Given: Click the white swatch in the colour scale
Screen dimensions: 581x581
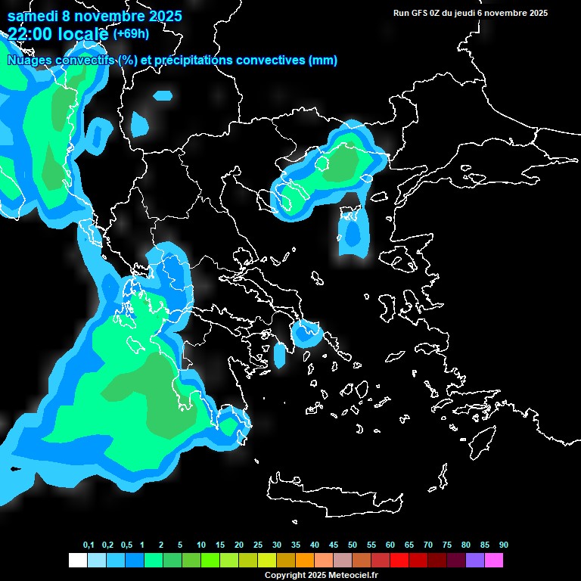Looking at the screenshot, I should pos(77,561).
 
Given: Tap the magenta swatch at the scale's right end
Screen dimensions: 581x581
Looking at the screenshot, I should pos(494,561).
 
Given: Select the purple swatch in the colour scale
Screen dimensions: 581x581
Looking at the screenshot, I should pos(475,561).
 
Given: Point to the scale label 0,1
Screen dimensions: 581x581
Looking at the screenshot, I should pos(89,545).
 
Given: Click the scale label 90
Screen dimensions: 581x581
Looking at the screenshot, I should pos(504,545).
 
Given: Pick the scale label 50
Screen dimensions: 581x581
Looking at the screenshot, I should pos(353,545).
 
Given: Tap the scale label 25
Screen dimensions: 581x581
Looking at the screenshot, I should pos(258,545).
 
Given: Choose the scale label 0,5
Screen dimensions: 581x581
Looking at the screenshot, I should pos(127,545).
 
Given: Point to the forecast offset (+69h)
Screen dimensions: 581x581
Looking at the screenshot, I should pos(132,34).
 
